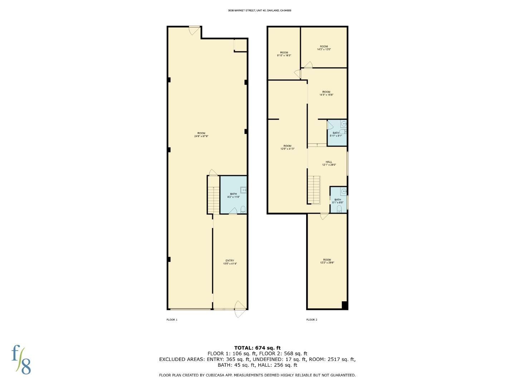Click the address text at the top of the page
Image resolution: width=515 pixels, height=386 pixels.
(x=259, y=11)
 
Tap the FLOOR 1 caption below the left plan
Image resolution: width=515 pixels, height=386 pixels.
(x=172, y=320)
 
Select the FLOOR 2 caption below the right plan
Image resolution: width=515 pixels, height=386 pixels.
(x=312, y=320)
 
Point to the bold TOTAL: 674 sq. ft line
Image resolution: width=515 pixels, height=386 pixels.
(x=257, y=348)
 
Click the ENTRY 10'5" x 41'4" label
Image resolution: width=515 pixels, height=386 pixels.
(x=230, y=262)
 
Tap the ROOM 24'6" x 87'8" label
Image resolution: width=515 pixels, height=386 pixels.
(x=201, y=135)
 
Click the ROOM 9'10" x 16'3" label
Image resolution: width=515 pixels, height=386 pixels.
(x=284, y=54)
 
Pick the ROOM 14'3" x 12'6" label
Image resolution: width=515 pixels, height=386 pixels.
(x=324, y=48)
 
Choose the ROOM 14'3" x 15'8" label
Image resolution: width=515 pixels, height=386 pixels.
(x=326, y=93)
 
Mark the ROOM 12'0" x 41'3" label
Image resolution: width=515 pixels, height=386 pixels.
(x=287, y=147)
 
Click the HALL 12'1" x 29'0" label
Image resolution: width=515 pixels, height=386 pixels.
(x=329, y=163)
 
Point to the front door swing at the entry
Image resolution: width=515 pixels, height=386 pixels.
(x=240, y=309)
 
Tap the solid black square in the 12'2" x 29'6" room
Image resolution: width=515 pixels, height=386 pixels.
(x=345, y=305)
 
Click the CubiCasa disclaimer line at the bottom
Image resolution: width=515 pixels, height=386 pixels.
(x=257, y=375)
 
